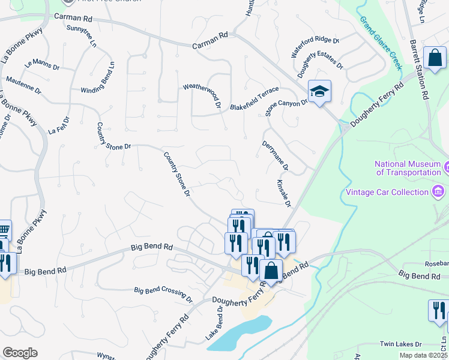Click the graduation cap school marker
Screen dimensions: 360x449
pyautogui.click(x=319, y=92)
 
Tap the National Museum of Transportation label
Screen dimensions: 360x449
pyautogui.click(x=408, y=168)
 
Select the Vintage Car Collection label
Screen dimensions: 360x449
pyautogui.click(x=386, y=192)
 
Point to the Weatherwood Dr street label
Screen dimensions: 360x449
pyautogui.click(x=202, y=95)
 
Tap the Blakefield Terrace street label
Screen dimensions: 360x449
pyautogui.click(x=255, y=99)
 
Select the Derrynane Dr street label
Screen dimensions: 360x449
pyautogui.click(x=275, y=155)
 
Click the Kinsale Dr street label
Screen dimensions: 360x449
pyautogui.click(x=284, y=193)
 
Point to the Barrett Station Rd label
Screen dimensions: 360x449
pyautogui.click(x=418, y=71)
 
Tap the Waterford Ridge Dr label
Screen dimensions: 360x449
pyautogui.click(x=315, y=47)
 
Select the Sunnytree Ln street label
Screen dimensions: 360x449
pyautogui.click(x=82, y=37)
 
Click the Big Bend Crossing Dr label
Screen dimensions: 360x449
pyautogui.click(x=163, y=294)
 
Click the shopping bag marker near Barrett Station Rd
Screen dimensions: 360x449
pyautogui.click(x=434, y=58)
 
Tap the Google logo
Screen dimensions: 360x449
pyautogui.click(x=20, y=353)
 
